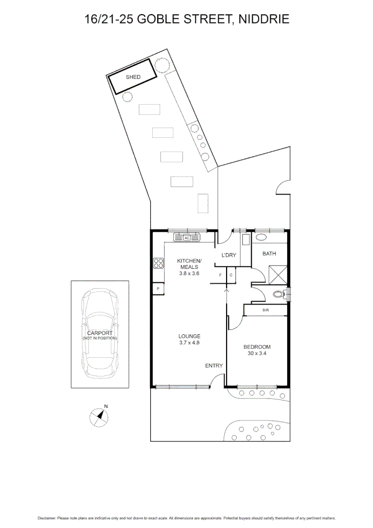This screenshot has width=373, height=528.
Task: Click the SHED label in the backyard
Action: coord(133,77)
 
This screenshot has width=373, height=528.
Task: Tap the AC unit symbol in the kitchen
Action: coord(186,238)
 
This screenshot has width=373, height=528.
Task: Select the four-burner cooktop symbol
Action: coord(159,264)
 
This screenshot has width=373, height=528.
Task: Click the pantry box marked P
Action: coord(158,289)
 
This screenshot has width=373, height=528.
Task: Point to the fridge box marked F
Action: coord(221,275)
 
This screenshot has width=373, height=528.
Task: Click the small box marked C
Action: coord(230,275)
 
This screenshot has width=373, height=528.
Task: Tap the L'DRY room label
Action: coord(229,255)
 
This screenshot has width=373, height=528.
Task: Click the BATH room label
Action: coord(269,254)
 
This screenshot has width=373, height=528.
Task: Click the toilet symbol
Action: coord(280,294)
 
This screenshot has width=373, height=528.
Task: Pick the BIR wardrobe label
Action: coord(266,310)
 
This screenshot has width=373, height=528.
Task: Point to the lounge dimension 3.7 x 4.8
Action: coord(189,343)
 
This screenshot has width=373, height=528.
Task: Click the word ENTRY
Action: coord(214,366)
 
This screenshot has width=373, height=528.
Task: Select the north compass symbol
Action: coord(100,416)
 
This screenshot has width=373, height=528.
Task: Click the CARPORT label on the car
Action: coord(100,333)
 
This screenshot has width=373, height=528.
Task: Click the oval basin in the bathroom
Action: coord(262,238)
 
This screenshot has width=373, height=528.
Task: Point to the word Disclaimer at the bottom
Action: coord(47,518)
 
